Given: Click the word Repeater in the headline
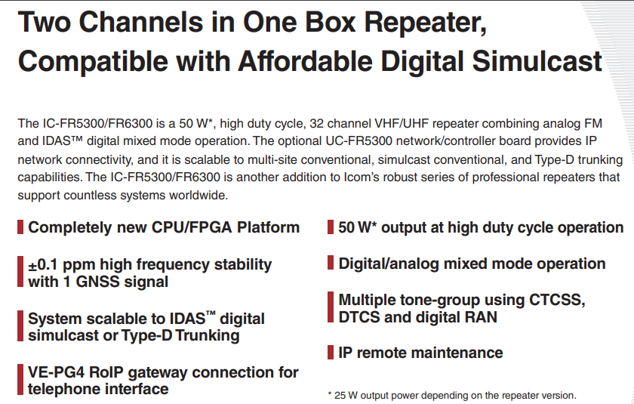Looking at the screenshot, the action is [x=425, y=23].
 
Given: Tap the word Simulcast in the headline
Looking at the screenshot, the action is [x=537, y=61].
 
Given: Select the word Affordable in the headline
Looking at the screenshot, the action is [x=305, y=61].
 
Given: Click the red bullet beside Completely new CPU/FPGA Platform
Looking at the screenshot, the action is [x=20, y=227].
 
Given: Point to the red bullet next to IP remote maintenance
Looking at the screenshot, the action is [x=331, y=352].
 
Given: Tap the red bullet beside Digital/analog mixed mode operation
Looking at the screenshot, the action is [x=331, y=263].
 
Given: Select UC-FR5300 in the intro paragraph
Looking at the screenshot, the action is [x=359, y=141].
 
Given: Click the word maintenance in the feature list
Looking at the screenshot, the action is [x=457, y=353].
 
